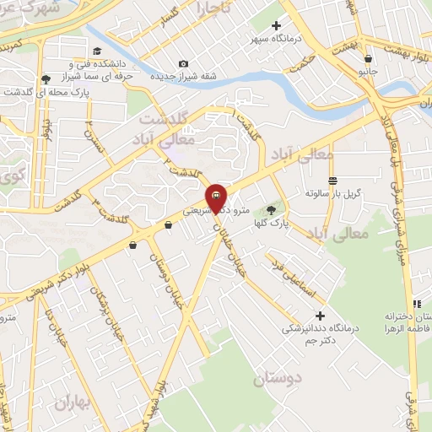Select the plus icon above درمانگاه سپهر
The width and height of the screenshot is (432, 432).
pyautogui.click(x=276, y=25)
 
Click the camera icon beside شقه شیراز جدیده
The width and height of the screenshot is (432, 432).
pyautogui.click(x=185, y=64)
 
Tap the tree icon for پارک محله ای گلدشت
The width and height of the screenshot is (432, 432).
pyautogui.click(x=45, y=79)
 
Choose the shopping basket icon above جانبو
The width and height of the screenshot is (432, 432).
pyautogui.click(x=369, y=58)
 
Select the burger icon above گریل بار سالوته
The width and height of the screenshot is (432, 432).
pyautogui.click(x=333, y=180)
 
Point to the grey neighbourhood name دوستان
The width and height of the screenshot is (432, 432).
pyautogui.click(x=277, y=379)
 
